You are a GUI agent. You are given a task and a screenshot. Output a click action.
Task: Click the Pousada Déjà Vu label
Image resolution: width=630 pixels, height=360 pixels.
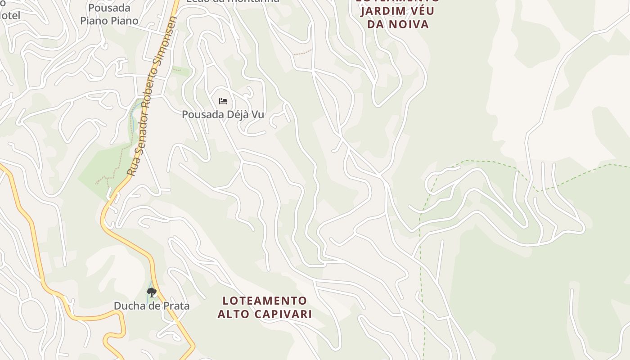pos(223,115)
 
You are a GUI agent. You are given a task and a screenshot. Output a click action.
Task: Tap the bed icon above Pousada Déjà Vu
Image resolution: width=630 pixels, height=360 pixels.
pos(223,101)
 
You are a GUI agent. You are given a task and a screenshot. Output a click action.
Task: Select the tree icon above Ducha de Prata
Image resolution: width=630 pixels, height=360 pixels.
pos(152,292)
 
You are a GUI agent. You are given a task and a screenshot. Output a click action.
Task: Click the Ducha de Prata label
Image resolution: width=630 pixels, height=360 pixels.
pos(151,306)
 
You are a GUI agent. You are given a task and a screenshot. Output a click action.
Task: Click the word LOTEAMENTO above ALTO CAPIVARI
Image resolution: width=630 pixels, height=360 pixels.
pos(265,301)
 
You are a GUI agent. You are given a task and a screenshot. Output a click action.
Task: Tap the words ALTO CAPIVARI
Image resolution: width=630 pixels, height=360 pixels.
pos(265,314)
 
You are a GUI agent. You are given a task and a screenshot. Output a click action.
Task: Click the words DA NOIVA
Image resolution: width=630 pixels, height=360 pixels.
pos(398,24)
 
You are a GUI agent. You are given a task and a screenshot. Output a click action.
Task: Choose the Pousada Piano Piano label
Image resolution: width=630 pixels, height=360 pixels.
pos(109,14)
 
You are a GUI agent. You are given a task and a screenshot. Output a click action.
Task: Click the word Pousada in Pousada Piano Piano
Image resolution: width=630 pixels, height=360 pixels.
pos(109,8)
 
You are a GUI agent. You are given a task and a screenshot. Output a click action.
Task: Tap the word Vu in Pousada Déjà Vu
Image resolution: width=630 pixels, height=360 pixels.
pos(257,115)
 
